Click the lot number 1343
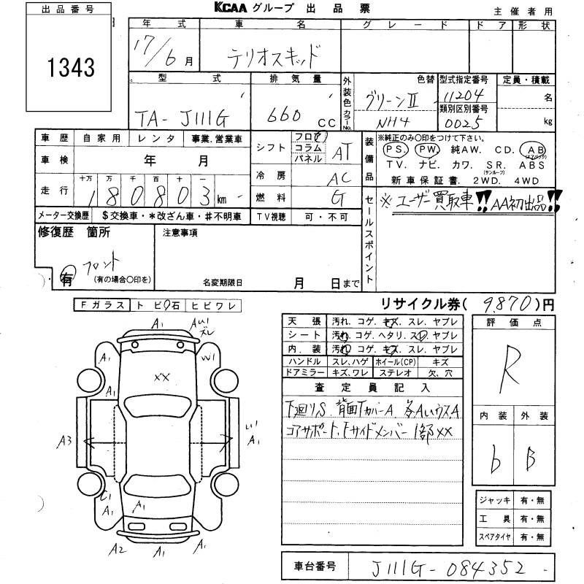pos(72,68)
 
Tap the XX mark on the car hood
pos(162,377)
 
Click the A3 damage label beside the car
pos(65,440)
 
